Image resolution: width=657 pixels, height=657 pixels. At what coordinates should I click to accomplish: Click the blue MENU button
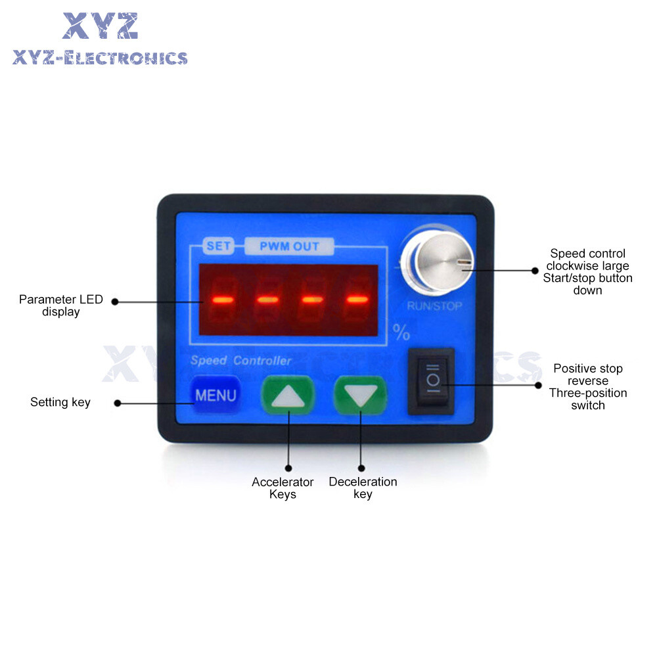point(215,396)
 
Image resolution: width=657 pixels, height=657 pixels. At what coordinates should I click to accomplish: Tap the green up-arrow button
point(288,396)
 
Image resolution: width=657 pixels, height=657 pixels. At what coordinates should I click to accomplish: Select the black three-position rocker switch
point(431,381)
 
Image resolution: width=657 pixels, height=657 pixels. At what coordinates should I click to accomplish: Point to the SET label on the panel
point(219,247)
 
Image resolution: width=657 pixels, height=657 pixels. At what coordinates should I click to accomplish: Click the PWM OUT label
point(289,247)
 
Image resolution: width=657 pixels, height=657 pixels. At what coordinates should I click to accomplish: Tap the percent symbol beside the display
point(401,332)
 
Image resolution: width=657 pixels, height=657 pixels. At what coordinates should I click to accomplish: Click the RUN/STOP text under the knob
point(434,306)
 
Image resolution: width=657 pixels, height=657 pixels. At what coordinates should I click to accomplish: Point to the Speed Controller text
point(240,361)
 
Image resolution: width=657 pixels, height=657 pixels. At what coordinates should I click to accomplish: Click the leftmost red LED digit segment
point(223,300)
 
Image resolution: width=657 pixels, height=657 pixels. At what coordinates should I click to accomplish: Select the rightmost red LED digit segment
point(357,300)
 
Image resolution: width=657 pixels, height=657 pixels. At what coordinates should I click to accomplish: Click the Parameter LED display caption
point(61,306)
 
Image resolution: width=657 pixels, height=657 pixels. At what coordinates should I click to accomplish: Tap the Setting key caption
point(60,402)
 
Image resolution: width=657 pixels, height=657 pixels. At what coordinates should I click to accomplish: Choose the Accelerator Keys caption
point(283,488)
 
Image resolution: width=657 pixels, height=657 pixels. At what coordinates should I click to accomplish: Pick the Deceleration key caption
point(363,488)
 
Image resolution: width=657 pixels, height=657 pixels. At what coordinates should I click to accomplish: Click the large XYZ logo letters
point(101,26)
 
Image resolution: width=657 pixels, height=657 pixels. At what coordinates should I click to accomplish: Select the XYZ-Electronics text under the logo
point(100,58)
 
